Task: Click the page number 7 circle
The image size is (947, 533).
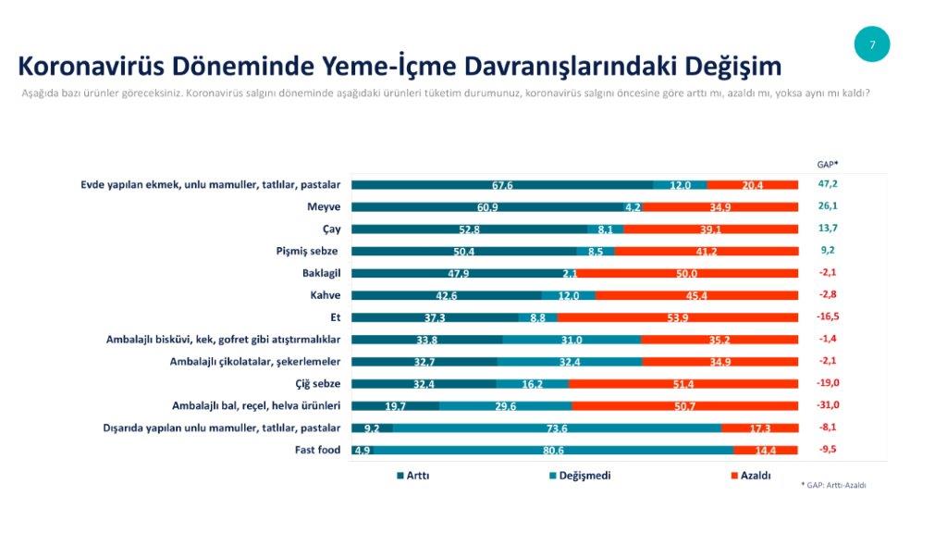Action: [x=871, y=44]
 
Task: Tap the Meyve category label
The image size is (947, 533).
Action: [x=324, y=206]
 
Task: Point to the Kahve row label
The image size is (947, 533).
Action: [x=324, y=294]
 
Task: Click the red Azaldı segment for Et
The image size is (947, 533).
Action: [x=677, y=317]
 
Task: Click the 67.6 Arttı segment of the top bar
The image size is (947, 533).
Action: [x=501, y=185]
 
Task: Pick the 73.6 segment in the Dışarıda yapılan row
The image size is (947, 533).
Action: [x=557, y=428]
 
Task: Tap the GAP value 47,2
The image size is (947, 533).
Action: [x=828, y=184]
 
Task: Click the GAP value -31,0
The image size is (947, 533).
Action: [x=828, y=405]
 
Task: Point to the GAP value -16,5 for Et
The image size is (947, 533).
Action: [x=828, y=316]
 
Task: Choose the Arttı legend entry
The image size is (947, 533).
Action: [x=412, y=476]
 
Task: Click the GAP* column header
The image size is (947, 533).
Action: [x=828, y=164]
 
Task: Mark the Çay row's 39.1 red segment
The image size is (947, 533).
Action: [x=710, y=229]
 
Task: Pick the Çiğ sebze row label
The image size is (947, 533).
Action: [x=312, y=383]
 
